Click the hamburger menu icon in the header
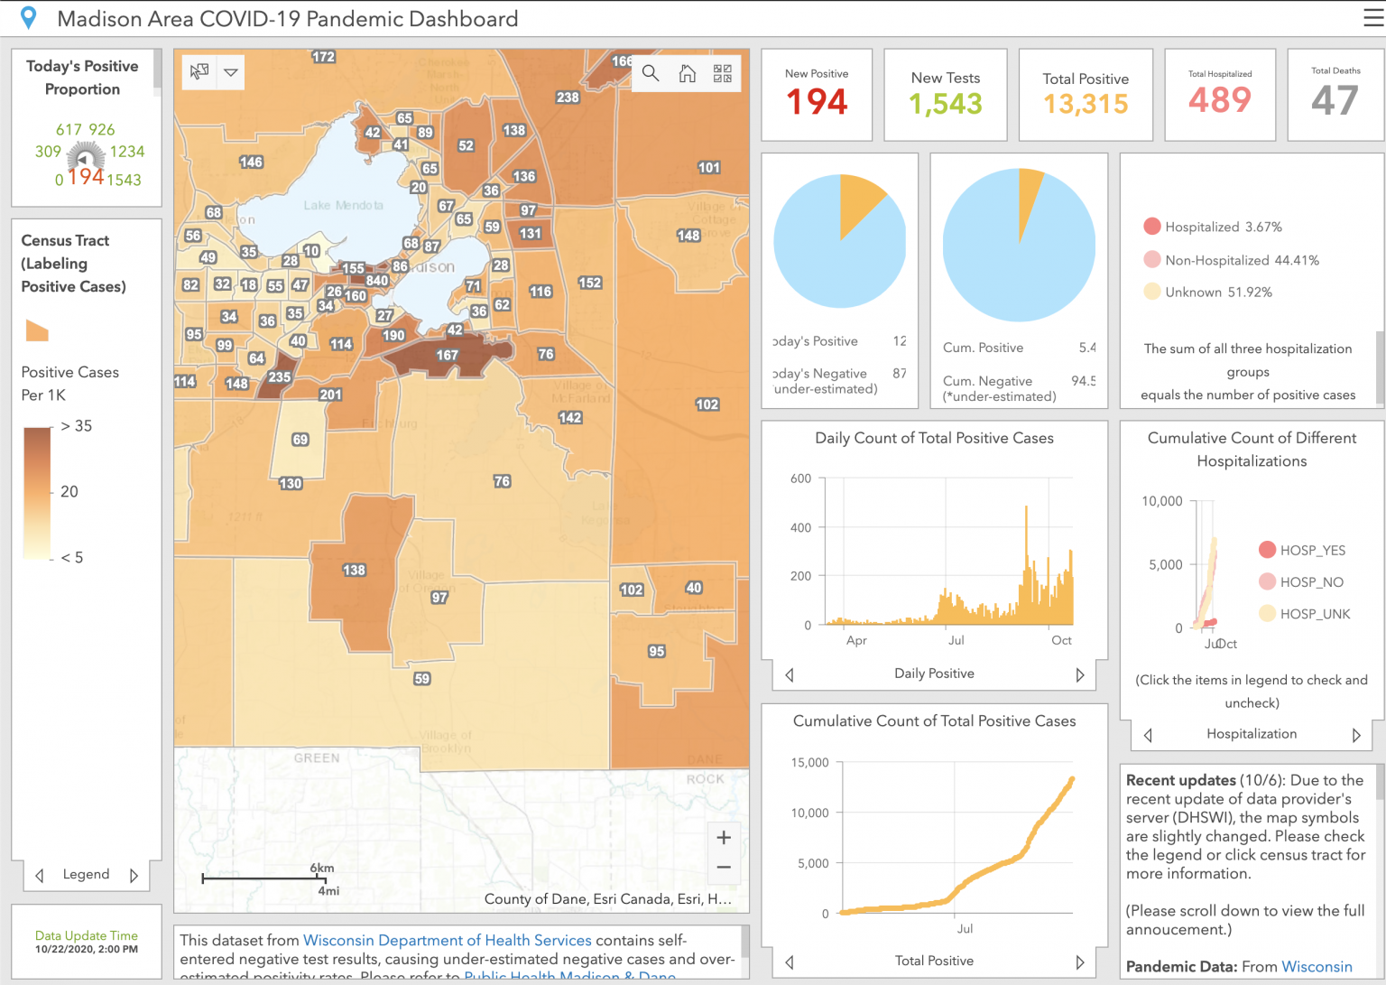click(x=1372, y=18)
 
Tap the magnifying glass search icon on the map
click(x=650, y=73)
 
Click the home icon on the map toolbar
click(x=687, y=73)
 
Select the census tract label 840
click(x=377, y=281)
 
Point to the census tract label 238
click(x=568, y=98)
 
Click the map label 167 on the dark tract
click(x=448, y=356)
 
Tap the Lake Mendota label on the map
click(x=343, y=206)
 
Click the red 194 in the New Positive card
click(x=817, y=102)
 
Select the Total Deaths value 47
click(x=1335, y=100)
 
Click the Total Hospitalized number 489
click(x=1220, y=99)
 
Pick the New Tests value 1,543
click(x=945, y=104)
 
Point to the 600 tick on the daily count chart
click(x=800, y=479)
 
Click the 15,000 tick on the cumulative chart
click(x=809, y=763)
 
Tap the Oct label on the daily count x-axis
click(x=1061, y=640)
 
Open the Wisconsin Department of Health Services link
click(x=447, y=940)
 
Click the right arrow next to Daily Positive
click(x=1080, y=674)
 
